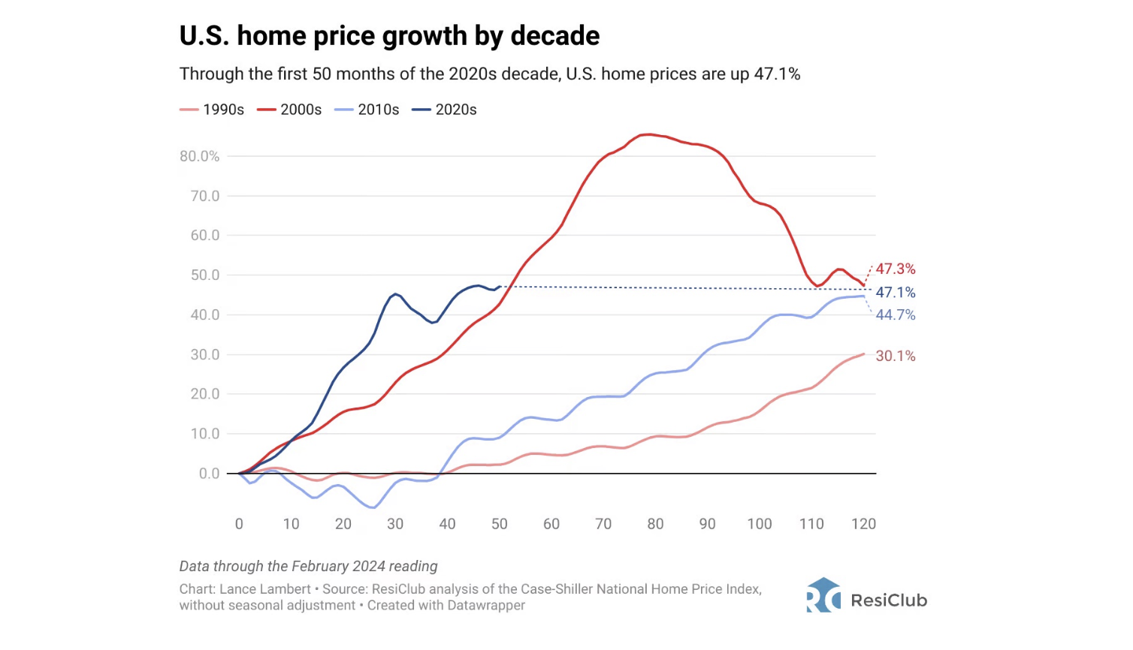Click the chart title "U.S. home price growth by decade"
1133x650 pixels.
[x=389, y=36]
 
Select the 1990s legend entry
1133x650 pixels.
[x=213, y=110]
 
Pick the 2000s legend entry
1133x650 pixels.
[x=290, y=110]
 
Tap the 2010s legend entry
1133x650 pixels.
[x=367, y=110]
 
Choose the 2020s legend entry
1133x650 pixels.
[x=445, y=110]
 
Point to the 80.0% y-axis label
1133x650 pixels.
[x=200, y=156]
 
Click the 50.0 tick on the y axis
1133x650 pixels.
[x=205, y=275]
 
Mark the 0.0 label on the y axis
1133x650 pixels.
[x=210, y=474]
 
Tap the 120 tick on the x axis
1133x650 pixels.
[x=863, y=524]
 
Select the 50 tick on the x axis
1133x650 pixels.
[x=500, y=524]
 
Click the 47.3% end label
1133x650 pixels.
[x=896, y=269]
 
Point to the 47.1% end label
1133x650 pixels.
[x=896, y=293]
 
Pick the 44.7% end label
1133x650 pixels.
[x=896, y=315]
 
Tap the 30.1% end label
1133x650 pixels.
[x=896, y=356]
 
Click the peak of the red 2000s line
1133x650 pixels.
[x=646, y=135]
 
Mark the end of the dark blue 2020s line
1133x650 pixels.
[x=500, y=287]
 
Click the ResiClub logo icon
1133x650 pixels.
[x=823, y=595]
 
